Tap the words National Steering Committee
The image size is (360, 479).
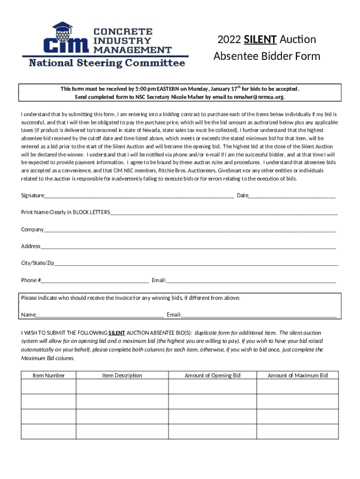tap(107, 63)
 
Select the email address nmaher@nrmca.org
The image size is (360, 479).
tap(260, 97)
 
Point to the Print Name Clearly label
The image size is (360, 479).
tap(65, 212)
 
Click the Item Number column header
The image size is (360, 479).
tap(49, 375)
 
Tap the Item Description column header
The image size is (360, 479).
tap(122, 375)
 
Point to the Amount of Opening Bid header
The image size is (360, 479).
tap(212, 375)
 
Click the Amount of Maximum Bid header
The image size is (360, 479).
tap(298, 375)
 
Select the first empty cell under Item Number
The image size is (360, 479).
tap(49, 386)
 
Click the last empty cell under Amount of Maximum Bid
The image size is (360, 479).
tap(298, 432)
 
